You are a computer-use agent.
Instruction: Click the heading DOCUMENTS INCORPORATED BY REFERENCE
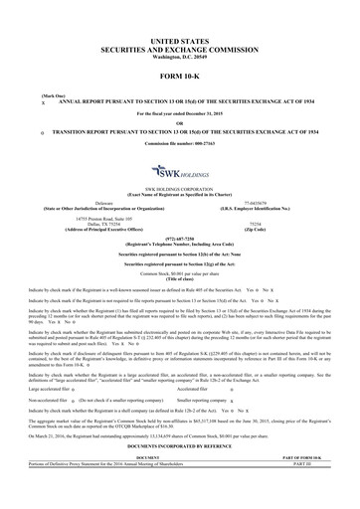point(180,479)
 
